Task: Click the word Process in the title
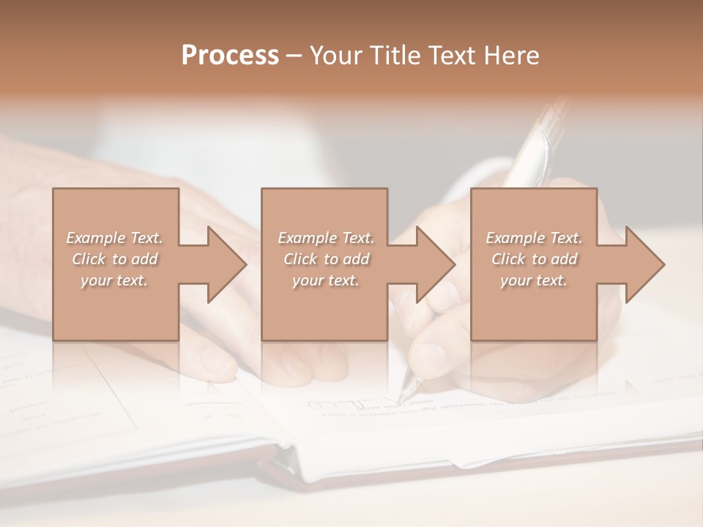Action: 230,56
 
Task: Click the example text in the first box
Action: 115,259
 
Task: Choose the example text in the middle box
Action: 325,259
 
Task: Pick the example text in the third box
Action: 534,259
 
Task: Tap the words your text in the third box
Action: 534,280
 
